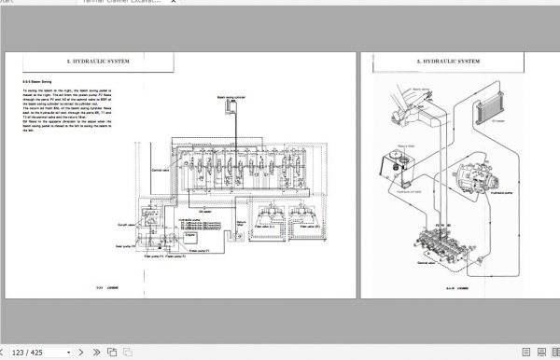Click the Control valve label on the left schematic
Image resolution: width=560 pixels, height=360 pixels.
click(134, 171)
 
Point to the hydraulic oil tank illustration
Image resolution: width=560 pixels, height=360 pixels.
click(397, 171)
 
